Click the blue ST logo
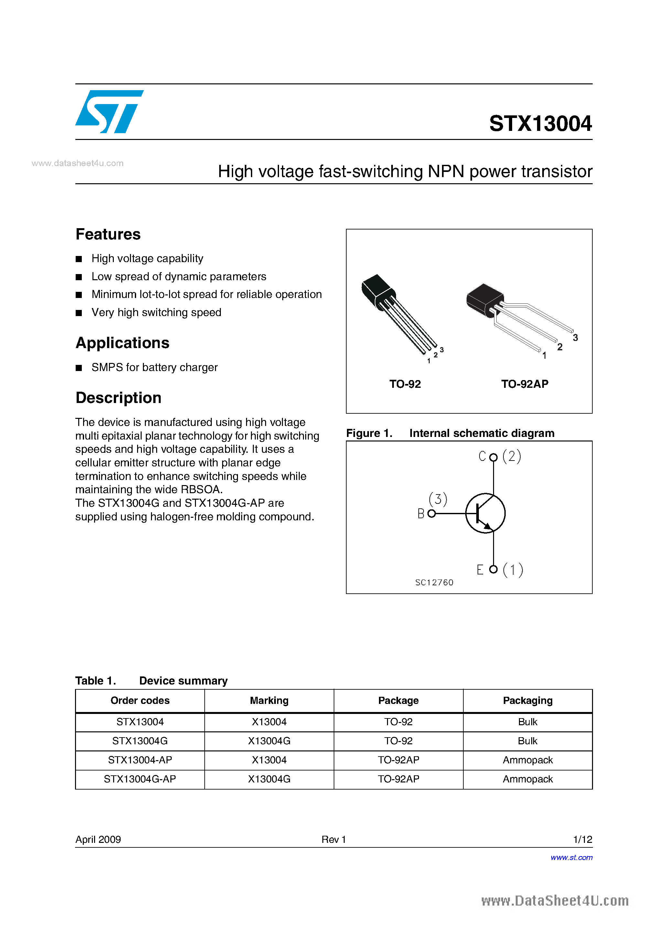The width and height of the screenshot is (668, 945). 109,111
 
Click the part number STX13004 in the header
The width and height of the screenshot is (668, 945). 540,123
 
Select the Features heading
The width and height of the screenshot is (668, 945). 108,234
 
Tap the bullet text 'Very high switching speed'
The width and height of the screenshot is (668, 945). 156,313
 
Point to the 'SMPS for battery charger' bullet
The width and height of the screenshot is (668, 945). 155,367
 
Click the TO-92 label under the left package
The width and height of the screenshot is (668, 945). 405,384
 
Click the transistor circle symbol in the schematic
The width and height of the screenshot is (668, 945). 485,513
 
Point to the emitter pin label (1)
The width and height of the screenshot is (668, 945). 513,570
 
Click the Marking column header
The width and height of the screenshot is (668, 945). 269,701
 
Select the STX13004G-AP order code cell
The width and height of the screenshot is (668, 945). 140,779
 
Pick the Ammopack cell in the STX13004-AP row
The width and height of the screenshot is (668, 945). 528,760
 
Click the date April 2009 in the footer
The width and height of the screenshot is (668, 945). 98,839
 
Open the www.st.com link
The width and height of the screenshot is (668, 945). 571,857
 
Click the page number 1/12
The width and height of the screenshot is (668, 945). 582,839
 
